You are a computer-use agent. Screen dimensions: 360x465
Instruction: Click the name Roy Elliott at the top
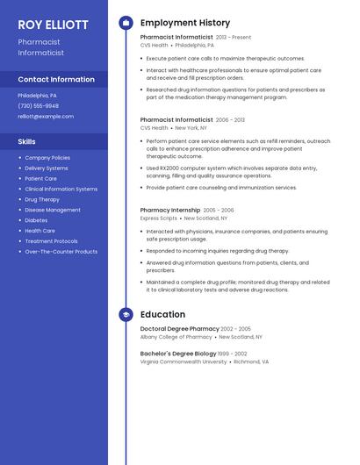click(53, 25)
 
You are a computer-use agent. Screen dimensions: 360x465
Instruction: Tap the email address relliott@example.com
click(46, 116)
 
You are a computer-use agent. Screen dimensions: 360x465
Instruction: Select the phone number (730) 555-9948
click(38, 105)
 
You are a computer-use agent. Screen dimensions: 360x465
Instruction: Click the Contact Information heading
click(56, 79)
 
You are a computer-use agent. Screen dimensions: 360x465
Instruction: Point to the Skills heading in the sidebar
click(27, 140)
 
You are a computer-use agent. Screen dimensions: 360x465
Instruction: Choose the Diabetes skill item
click(36, 220)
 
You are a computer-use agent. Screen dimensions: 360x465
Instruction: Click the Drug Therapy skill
click(42, 199)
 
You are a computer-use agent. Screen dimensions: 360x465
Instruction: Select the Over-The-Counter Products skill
click(61, 252)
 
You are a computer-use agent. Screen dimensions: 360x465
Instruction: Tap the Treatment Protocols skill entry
click(51, 241)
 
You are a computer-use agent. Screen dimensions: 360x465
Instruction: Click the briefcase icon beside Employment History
click(126, 23)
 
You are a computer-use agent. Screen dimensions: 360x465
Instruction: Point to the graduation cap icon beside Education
click(126, 314)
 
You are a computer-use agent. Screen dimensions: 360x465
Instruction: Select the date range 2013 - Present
click(234, 38)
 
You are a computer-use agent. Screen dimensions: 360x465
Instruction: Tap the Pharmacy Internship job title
click(169, 211)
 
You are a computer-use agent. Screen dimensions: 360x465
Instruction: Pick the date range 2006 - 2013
click(230, 119)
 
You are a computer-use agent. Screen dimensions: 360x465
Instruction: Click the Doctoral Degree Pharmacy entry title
click(179, 329)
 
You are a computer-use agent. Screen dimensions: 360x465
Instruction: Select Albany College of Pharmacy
click(176, 337)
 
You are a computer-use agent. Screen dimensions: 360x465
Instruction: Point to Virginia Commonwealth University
click(183, 361)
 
